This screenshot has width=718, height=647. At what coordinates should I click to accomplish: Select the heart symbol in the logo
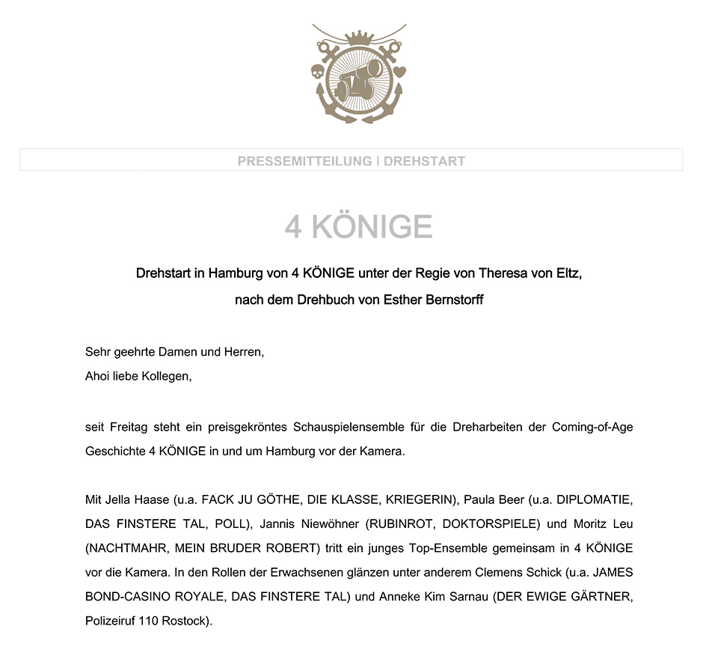tap(401, 73)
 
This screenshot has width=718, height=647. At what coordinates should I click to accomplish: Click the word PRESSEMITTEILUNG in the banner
tap(304, 161)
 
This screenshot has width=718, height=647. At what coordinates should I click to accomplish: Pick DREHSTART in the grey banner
tap(424, 161)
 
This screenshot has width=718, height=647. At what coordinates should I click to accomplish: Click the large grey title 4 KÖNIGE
tap(358, 227)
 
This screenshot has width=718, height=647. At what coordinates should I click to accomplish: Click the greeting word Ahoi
tap(98, 377)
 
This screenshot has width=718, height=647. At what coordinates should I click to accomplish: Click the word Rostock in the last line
tap(186, 622)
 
